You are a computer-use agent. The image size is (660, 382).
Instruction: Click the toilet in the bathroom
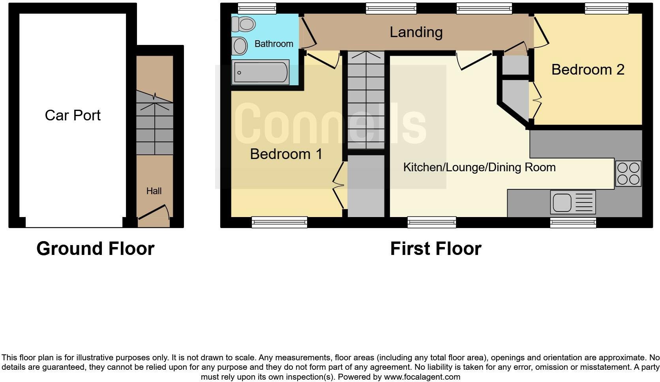(x=243, y=24)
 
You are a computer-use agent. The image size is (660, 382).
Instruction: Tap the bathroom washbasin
(x=240, y=46)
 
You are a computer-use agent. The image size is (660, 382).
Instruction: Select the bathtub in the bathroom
(x=261, y=72)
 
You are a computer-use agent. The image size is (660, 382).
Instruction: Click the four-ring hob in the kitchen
(x=628, y=173)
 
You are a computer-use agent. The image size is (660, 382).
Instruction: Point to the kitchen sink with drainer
(x=573, y=202)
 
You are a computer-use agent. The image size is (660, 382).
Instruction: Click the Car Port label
(x=73, y=115)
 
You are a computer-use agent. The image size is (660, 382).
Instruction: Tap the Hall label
(x=154, y=191)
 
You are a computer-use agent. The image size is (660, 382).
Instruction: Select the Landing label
(x=416, y=32)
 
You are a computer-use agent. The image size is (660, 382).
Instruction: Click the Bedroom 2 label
(x=587, y=69)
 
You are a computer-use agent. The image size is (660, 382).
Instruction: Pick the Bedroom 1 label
(x=286, y=154)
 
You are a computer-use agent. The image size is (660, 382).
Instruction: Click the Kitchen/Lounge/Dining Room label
(x=479, y=167)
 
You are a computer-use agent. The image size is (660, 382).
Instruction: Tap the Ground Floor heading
(x=95, y=249)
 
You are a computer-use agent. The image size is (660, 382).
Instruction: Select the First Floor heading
(x=435, y=249)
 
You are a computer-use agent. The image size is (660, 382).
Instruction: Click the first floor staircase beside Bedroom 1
(x=366, y=101)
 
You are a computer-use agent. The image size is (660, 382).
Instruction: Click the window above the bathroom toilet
(x=257, y=8)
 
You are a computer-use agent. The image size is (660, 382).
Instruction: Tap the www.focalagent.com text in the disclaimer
(x=422, y=377)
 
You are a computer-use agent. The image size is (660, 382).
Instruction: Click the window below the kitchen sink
(x=573, y=223)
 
